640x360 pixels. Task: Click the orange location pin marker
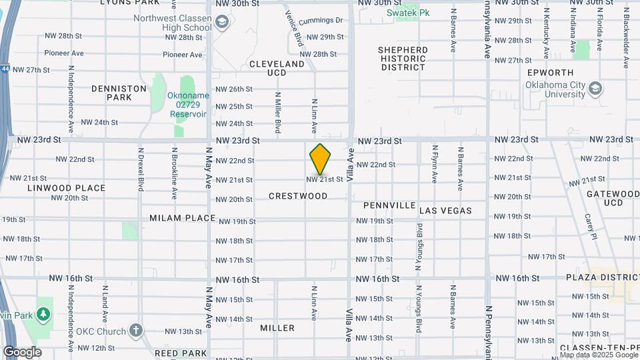tap(320, 159)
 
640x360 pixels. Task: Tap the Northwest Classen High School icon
tap(221, 24)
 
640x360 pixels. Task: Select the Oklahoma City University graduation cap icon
tap(595, 89)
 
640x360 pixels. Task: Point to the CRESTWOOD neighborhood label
tap(298, 196)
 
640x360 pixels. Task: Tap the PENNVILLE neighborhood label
tap(389, 205)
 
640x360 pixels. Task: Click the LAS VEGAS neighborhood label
tap(445, 211)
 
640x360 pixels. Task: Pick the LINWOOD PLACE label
tap(67, 188)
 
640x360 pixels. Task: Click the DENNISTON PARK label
tap(119, 93)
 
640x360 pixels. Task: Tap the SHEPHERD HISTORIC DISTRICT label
tap(403, 59)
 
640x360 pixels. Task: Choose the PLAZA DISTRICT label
tap(599, 277)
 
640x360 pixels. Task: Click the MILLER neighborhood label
tap(277, 328)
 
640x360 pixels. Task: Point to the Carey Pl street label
tap(590, 226)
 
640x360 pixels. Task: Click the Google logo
tap(22, 352)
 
